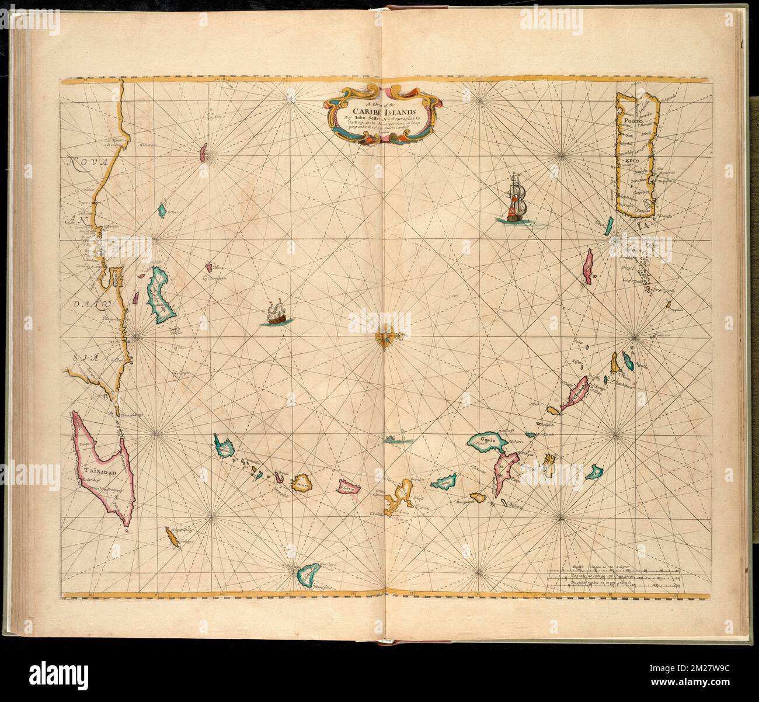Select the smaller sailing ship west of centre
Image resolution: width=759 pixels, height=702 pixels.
coord(276,312)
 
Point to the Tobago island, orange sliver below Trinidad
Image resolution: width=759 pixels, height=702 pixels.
coord(172,536)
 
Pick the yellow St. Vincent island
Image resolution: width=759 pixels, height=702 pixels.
coord(301,484)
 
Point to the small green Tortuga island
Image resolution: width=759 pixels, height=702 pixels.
coord(163,208)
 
